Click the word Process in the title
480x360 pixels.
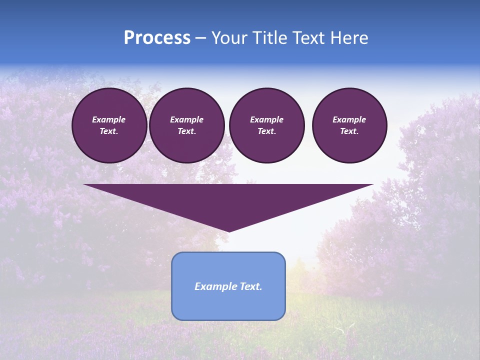157,38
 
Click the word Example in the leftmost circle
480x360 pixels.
109,119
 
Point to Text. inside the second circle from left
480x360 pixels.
187,131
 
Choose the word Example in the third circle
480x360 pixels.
267,119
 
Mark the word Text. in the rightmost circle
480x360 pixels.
349,131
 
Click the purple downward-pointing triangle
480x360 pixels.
228,200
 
